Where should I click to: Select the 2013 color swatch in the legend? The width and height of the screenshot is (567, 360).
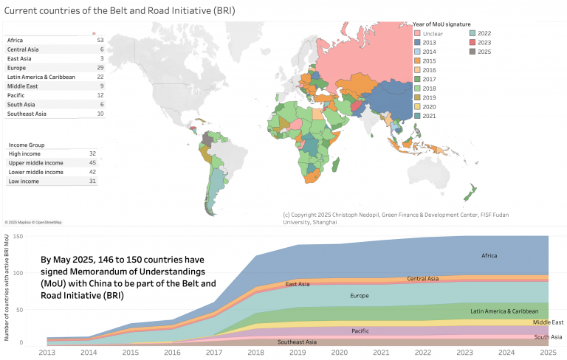417,44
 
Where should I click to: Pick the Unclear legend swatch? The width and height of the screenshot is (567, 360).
417,34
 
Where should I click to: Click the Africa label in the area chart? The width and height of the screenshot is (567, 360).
489,256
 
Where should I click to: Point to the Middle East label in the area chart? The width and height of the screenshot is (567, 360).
547,322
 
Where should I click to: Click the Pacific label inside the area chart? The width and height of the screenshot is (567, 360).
361,331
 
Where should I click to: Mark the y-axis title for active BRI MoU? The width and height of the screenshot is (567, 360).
7,288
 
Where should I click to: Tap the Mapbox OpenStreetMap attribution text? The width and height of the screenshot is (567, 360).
33,222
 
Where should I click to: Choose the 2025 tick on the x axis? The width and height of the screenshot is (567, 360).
549,353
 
